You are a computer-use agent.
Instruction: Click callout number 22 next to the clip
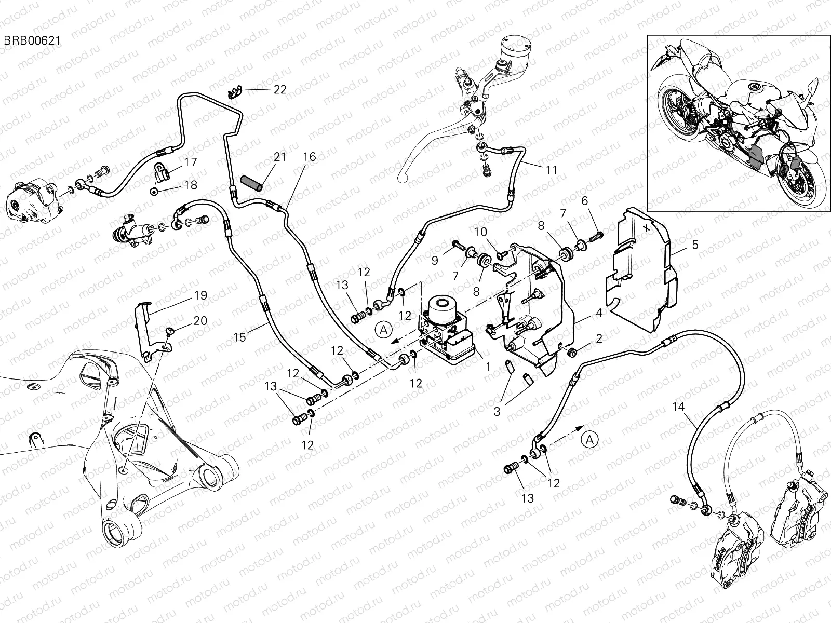point(280,89)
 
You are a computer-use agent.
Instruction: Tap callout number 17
point(191,162)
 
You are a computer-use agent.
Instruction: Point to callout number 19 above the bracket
point(200,295)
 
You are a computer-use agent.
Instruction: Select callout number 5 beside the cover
point(695,244)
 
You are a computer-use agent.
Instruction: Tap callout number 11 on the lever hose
point(551,170)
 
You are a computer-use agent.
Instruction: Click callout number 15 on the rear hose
point(239,337)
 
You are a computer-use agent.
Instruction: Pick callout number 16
point(310,157)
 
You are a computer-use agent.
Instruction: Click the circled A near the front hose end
point(590,439)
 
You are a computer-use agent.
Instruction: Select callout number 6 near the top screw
point(584,201)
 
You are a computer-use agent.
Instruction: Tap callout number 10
point(480,232)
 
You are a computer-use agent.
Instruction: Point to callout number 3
point(497,412)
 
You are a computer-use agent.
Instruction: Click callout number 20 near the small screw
point(200,321)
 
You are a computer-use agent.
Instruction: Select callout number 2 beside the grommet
point(599,338)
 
